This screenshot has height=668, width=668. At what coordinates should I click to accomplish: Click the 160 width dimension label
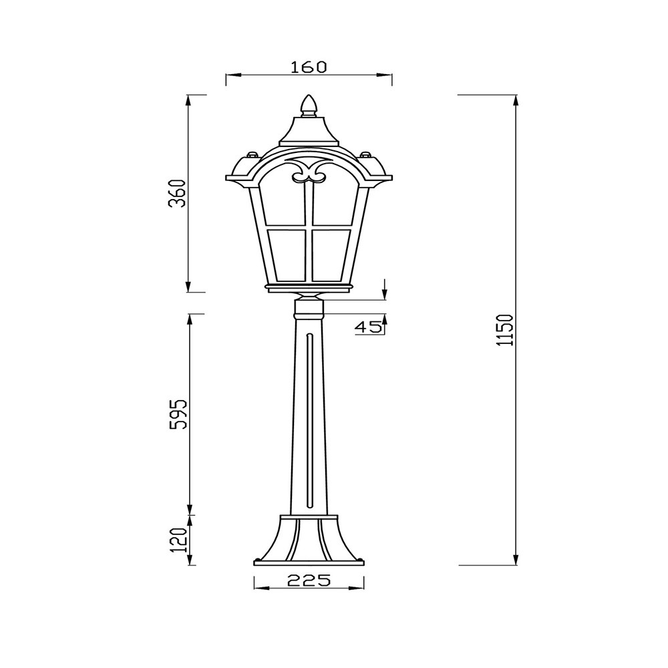click(309, 67)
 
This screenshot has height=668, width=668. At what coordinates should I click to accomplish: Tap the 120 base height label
click(179, 540)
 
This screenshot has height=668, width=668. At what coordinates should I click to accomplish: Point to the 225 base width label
click(309, 580)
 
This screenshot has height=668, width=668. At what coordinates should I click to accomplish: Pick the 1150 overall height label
click(507, 330)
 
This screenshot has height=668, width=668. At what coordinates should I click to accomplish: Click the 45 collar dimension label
click(368, 327)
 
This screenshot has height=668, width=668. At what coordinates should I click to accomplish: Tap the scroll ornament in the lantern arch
click(309, 170)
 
